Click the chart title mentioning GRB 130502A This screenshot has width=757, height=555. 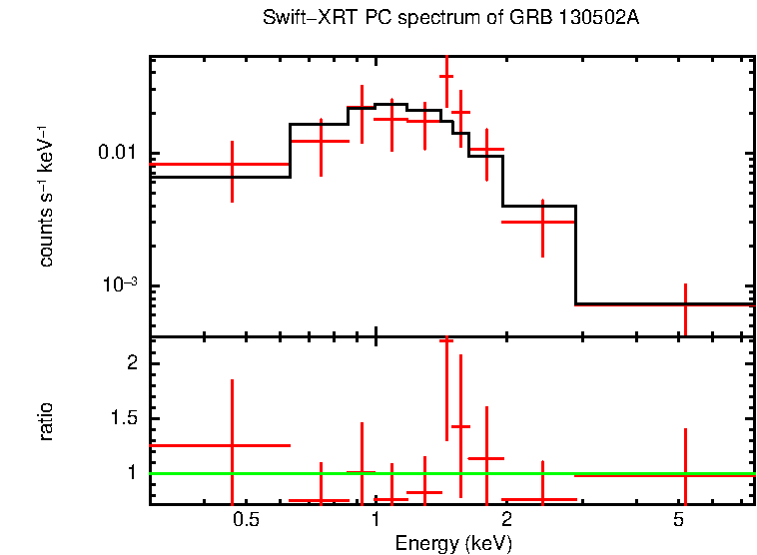[x=450, y=19]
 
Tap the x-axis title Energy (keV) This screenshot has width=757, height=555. [x=453, y=543]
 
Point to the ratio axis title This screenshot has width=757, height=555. [x=46, y=421]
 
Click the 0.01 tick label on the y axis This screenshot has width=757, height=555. [x=117, y=153]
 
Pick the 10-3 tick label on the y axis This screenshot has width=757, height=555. [x=120, y=285]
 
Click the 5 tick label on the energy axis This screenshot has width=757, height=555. [x=678, y=519]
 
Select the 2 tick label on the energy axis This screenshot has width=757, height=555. [x=506, y=519]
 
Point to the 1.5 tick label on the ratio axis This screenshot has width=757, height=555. [x=125, y=417]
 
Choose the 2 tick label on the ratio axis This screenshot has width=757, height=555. [x=131, y=363]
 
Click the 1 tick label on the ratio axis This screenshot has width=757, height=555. [x=131, y=471]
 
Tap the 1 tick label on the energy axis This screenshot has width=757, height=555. [x=375, y=519]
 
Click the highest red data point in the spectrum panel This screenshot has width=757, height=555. [x=446, y=76]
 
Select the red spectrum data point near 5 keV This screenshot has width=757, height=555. [x=685, y=304]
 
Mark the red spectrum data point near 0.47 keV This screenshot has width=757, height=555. [x=232, y=164]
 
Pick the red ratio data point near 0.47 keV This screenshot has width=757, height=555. [x=232, y=445]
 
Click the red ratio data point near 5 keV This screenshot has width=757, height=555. [x=685, y=475]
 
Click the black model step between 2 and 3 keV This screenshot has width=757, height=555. [x=539, y=207]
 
